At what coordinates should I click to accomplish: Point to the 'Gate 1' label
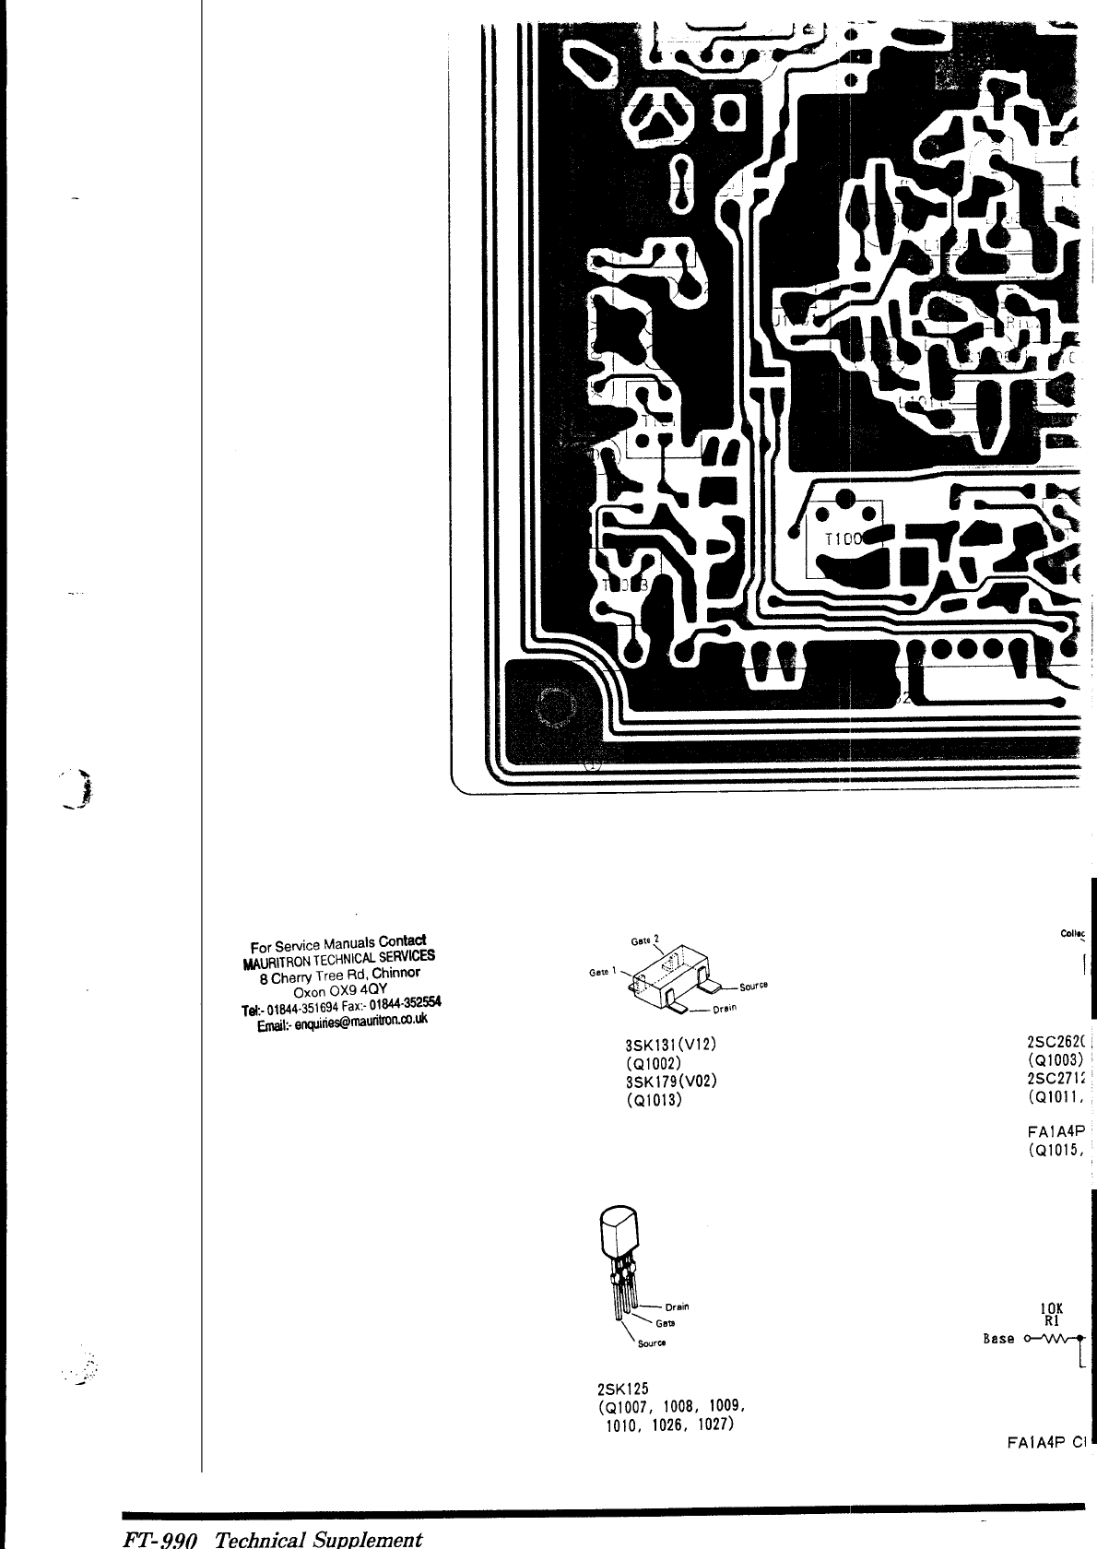604,972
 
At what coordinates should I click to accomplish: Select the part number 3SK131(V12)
670,1045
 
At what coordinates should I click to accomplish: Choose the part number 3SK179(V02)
670,1082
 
